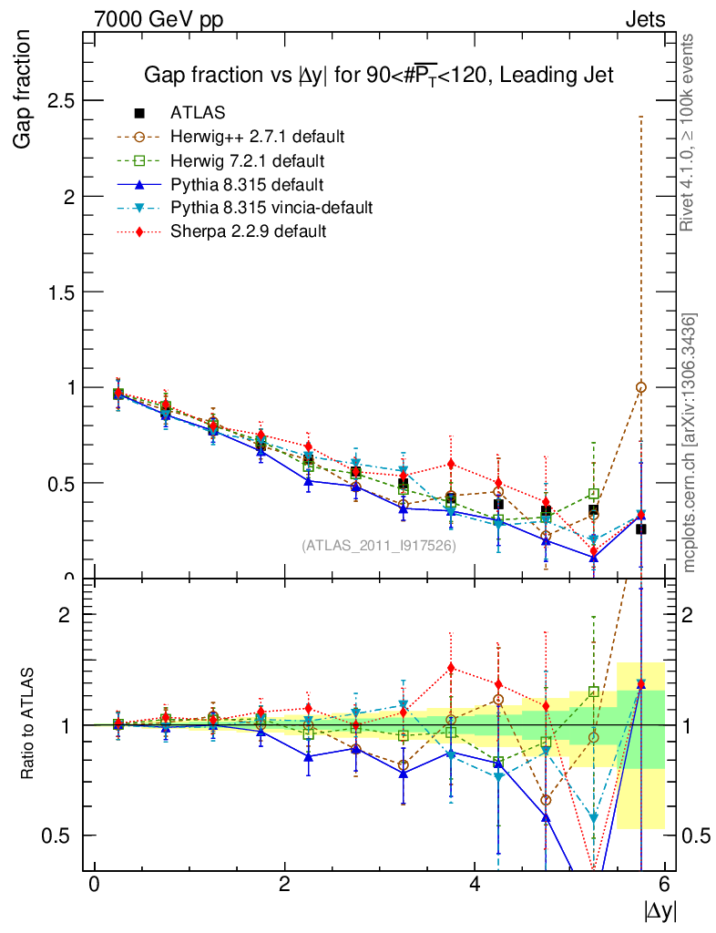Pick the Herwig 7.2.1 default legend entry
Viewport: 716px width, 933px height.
tap(247, 160)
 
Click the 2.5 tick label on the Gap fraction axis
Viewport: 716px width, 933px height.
tap(62, 100)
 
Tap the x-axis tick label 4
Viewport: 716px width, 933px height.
tap(475, 886)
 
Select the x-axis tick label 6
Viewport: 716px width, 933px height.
tap(665, 886)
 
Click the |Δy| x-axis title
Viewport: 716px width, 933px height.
tap(660, 910)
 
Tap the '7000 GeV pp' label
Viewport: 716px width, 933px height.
tap(158, 18)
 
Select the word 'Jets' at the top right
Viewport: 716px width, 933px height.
tap(644, 18)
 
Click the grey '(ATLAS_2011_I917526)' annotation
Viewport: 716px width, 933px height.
tap(378, 546)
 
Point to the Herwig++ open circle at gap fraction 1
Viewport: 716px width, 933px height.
tap(641, 387)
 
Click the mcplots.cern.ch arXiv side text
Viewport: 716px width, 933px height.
tap(690, 443)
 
